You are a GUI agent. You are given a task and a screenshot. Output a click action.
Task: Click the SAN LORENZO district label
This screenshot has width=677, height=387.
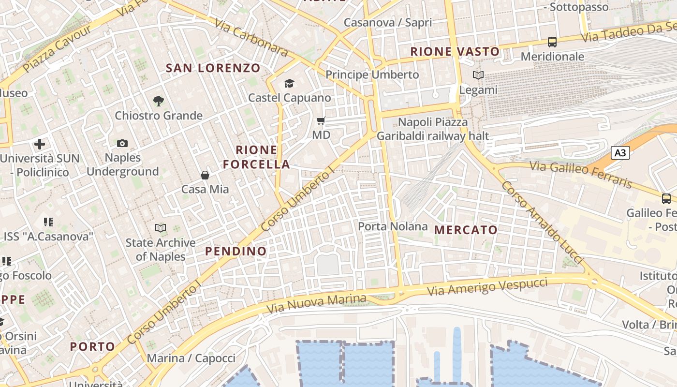click(213, 68)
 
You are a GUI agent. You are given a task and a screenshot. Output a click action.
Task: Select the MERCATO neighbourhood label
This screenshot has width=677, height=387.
click(466, 230)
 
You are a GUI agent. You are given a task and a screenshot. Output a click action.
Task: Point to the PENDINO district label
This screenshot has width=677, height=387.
click(236, 251)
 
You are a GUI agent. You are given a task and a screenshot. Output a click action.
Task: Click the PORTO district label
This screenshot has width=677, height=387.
click(92, 346)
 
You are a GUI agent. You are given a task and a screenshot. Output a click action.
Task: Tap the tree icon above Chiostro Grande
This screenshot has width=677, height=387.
click(158, 101)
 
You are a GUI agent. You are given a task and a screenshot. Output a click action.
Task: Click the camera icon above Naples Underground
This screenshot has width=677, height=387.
click(122, 143)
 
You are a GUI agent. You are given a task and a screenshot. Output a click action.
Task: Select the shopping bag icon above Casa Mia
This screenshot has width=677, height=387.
click(205, 175)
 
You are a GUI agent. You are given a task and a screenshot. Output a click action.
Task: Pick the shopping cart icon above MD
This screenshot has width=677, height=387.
click(321, 120)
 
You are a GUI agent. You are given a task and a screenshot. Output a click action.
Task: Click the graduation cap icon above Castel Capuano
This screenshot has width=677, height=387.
click(289, 83)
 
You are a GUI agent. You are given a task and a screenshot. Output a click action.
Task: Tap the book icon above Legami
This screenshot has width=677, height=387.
click(478, 75)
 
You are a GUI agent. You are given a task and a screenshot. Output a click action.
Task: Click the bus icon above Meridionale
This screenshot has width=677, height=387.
click(552, 42)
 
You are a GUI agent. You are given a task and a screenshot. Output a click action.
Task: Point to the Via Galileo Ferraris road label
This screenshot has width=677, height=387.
click(581, 175)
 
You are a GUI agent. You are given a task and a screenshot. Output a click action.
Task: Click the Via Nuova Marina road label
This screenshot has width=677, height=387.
click(316, 303)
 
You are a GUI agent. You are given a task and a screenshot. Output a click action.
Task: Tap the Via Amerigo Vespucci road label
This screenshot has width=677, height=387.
click(487, 287)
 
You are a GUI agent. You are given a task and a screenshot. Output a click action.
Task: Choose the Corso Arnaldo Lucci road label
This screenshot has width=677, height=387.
click(542, 222)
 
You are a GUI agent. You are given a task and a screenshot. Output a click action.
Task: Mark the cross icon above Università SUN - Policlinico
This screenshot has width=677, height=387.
click(40, 144)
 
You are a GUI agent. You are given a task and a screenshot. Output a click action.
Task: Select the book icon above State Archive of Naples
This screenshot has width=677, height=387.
click(161, 228)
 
